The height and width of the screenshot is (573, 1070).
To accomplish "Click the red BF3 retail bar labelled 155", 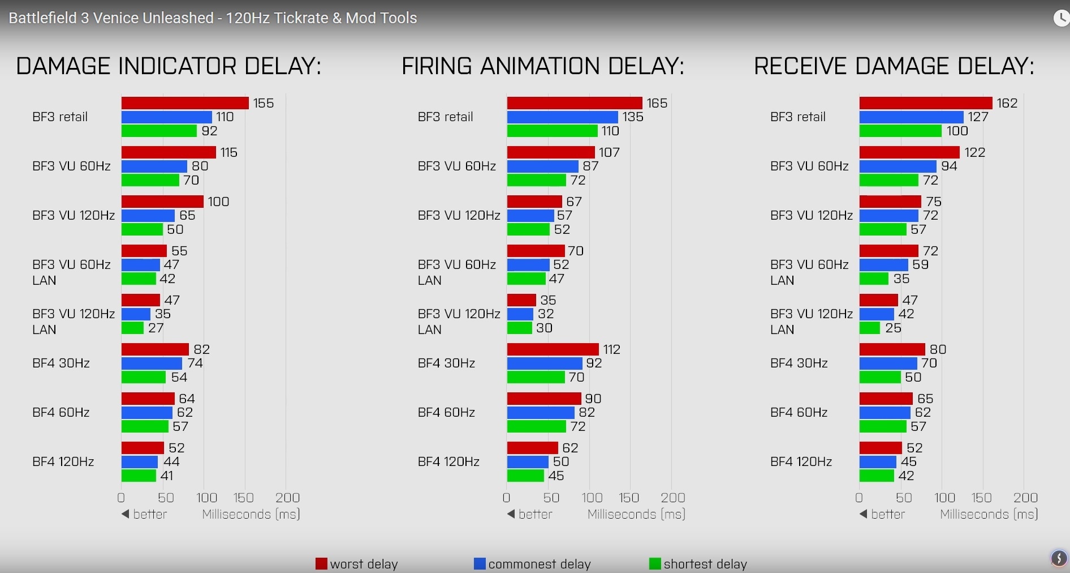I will [x=185, y=103].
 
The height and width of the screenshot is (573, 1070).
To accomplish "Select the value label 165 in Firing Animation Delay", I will [x=657, y=103].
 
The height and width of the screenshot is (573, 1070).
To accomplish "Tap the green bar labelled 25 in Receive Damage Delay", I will [x=870, y=328].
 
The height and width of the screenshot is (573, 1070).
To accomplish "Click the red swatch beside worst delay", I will [x=321, y=564].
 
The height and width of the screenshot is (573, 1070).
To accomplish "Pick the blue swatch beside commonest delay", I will [x=480, y=564].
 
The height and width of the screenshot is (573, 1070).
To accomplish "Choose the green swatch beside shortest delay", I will [x=655, y=564].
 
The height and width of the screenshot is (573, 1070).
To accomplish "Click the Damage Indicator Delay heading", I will [x=169, y=66].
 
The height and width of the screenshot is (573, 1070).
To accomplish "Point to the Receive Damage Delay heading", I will [x=894, y=66].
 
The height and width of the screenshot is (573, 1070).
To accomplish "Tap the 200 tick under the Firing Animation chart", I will [x=673, y=498].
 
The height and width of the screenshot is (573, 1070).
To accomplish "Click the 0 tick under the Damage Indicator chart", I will [x=121, y=498].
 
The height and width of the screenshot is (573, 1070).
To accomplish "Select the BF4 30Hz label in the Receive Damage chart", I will [x=799, y=363].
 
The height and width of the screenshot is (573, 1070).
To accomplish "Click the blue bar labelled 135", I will [x=562, y=117].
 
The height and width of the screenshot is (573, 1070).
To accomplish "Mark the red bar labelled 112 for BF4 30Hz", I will [x=553, y=349].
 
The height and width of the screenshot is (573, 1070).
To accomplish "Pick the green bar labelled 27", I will [x=132, y=328].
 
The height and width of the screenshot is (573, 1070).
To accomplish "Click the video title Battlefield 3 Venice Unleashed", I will [x=213, y=18].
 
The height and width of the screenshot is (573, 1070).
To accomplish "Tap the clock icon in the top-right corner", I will [x=1062, y=18].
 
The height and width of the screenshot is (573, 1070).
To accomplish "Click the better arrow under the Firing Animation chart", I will [x=511, y=514].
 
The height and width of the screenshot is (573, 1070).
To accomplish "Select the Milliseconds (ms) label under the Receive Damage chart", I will [x=989, y=514].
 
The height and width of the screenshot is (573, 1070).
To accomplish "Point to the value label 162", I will [x=1007, y=103].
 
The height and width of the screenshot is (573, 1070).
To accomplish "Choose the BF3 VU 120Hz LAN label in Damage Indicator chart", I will [x=74, y=322].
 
